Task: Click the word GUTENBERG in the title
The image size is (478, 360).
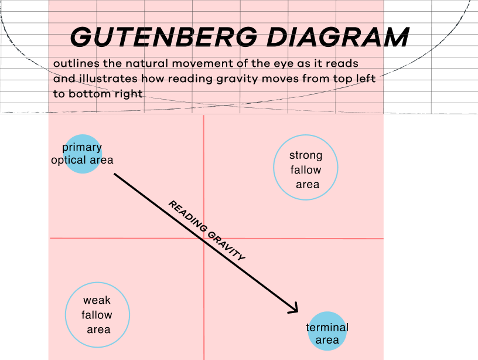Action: tap(163, 37)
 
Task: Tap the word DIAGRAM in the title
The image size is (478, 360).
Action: tap(338, 37)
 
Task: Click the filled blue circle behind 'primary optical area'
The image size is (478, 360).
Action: tap(83, 154)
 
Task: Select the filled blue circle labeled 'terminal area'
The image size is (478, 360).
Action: tap(327, 331)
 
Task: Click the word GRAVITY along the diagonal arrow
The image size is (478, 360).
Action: tap(226, 246)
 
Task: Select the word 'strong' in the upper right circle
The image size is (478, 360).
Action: tap(306, 155)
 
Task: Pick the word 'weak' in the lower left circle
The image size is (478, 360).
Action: tap(97, 300)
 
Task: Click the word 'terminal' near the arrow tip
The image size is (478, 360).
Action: tap(327, 327)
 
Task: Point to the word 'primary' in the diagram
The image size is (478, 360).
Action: tap(82, 148)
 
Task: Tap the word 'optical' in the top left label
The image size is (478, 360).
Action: tap(69, 160)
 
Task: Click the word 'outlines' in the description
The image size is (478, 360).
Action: tap(76, 63)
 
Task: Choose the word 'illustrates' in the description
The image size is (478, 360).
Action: tap(108, 79)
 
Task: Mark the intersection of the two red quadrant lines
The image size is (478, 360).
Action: tap(204, 238)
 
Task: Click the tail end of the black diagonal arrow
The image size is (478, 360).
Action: tap(114, 174)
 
